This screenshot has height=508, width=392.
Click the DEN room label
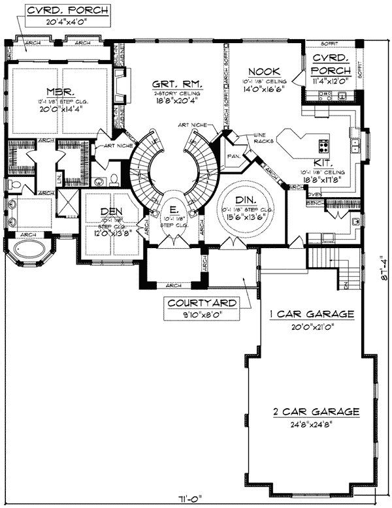[x=112, y=212]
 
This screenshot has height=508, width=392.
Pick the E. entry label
[x=173, y=209]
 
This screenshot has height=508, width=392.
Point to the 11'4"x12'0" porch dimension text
[x=329, y=82]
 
